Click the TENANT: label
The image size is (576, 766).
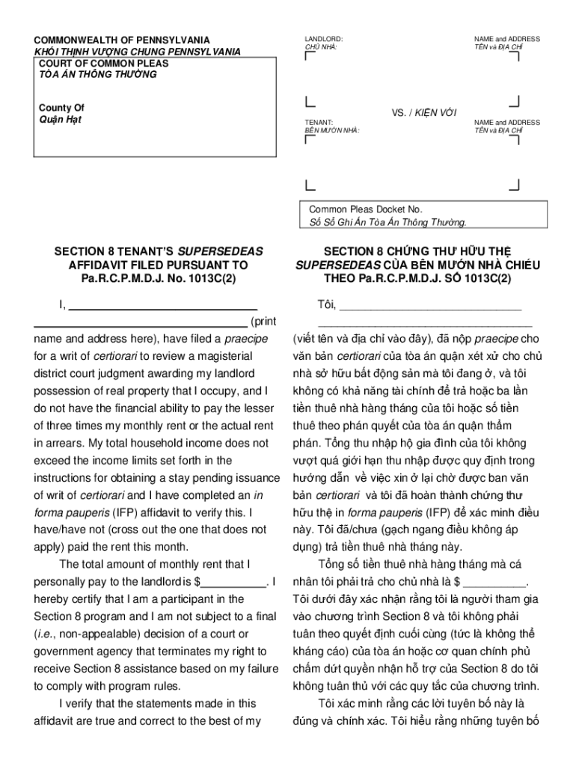point(319,121)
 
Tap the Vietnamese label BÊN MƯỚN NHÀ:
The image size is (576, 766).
point(331,130)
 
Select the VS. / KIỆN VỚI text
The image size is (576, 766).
point(424,112)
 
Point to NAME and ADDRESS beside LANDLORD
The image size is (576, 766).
point(506,38)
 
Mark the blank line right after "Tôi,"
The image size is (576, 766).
point(430,306)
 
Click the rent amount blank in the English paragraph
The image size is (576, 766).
point(234,582)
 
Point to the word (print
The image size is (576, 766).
point(263,322)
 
